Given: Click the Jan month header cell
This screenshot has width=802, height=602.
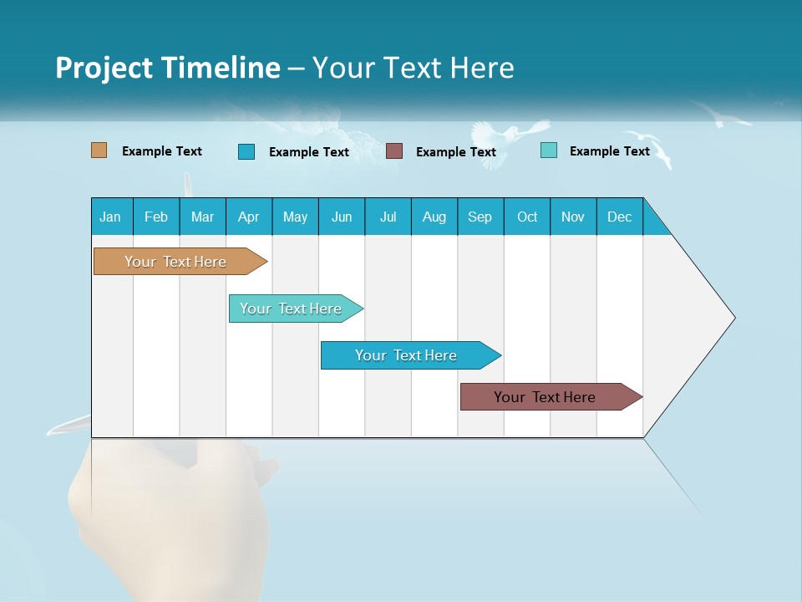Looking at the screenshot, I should point(111,217).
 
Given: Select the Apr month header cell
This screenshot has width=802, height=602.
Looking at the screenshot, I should point(249,217).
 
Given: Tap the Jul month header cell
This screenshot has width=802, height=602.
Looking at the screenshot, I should point(388,217).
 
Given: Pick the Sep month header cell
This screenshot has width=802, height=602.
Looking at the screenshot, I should point(480,217).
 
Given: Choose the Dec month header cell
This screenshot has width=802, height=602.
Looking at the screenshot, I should point(619,217).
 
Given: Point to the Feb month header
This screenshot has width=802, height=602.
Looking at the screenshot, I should point(156,217).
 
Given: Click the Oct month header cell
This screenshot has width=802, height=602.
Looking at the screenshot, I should point(527,217).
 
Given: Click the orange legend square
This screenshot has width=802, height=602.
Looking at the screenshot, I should point(99,150).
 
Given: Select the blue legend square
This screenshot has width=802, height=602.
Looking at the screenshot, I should point(246,151).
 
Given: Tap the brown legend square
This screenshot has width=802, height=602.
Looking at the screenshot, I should point(394,151).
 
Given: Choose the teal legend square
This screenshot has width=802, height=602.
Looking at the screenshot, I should point(549,150).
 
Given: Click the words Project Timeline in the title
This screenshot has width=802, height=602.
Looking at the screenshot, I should point(168,68).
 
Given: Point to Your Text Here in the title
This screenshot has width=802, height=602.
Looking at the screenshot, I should point(413,68).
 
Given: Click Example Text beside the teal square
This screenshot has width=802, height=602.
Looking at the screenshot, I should point(609,151).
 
